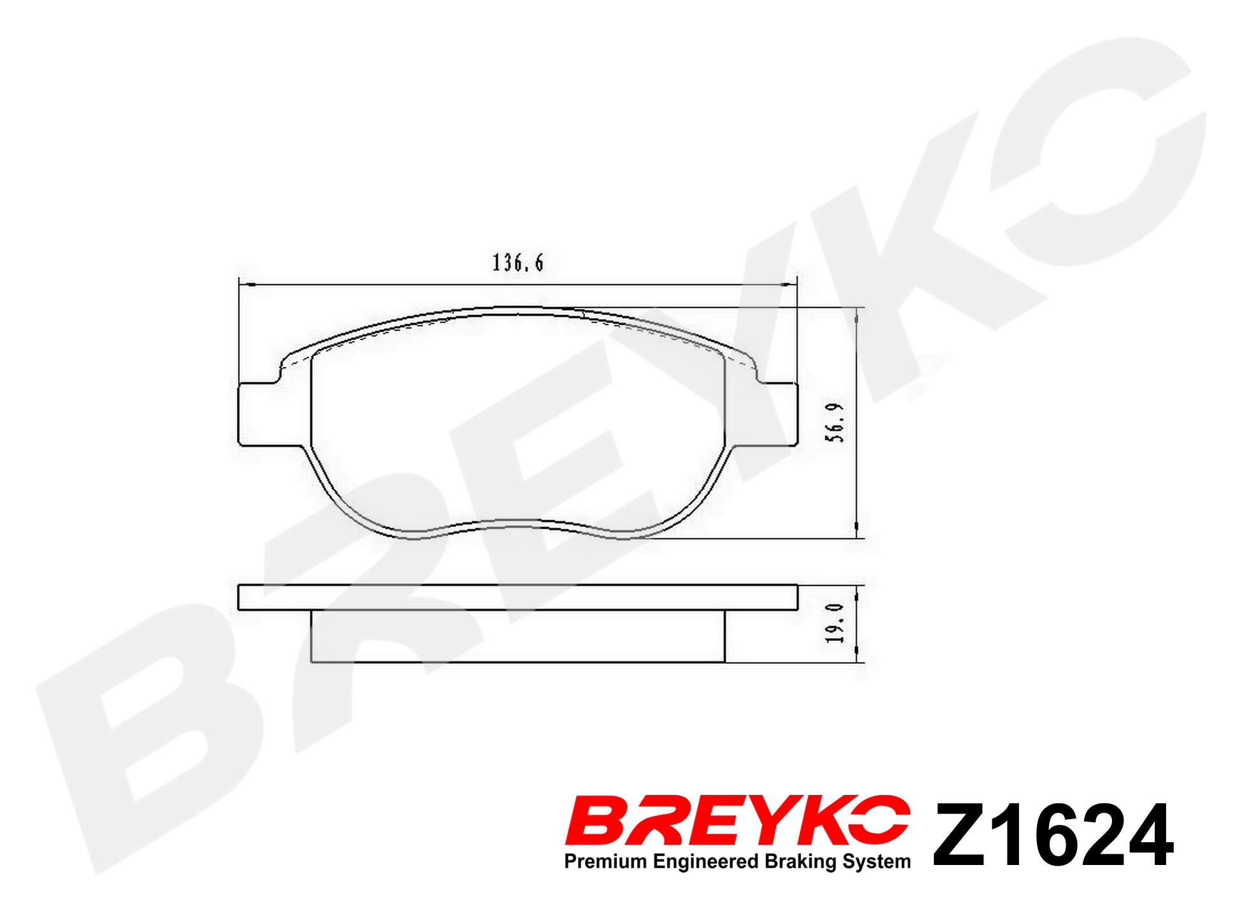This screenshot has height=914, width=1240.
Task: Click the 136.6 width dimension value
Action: (518, 263)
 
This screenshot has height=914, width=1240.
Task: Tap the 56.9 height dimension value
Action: (835, 423)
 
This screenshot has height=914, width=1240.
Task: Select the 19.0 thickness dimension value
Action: (835, 623)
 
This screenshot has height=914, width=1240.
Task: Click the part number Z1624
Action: (1053, 835)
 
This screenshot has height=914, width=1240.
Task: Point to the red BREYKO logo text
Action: (737, 820)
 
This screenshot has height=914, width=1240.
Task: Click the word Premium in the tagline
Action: (605, 861)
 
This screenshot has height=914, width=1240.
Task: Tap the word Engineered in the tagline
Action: (706, 862)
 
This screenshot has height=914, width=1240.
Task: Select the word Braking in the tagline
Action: (801, 862)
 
